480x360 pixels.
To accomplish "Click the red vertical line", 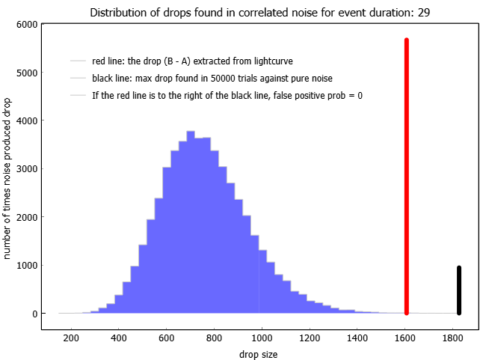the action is pyautogui.click(x=407, y=177).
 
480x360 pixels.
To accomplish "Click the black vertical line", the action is pyautogui.click(x=459, y=290).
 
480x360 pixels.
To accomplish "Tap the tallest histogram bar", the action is pyautogui.click(x=191, y=222).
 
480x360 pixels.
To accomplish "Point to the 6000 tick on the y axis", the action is pyautogui.click(x=42, y=24).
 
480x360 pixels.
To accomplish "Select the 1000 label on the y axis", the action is pyautogui.click(x=27, y=266).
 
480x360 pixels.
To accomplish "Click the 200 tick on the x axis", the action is pyautogui.click(x=71, y=329).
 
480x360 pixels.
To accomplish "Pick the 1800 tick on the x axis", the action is pyautogui.click(x=452, y=329).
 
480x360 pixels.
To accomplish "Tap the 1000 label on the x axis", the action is pyautogui.click(x=262, y=338).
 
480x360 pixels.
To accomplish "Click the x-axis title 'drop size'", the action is pyautogui.click(x=259, y=355).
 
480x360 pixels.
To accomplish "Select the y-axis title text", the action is pyautogui.click(x=7, y=179).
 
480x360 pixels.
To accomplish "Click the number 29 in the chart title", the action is pyautogui.click(x=424, y=13).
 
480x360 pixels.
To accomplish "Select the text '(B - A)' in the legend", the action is pyautogui.click(x=177, y=61).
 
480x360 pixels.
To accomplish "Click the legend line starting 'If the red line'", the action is pyautogui.click(x=227, y=95).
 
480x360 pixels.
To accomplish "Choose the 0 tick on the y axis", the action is pyautogui.click(x=42, y=314).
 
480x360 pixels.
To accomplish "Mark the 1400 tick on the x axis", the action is pyautogui.click(x=357, y=329).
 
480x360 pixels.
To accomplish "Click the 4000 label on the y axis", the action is pyautogui.click(x=27, y=120).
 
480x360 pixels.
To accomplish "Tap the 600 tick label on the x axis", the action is pyautogui.click(x=166, y=338).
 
